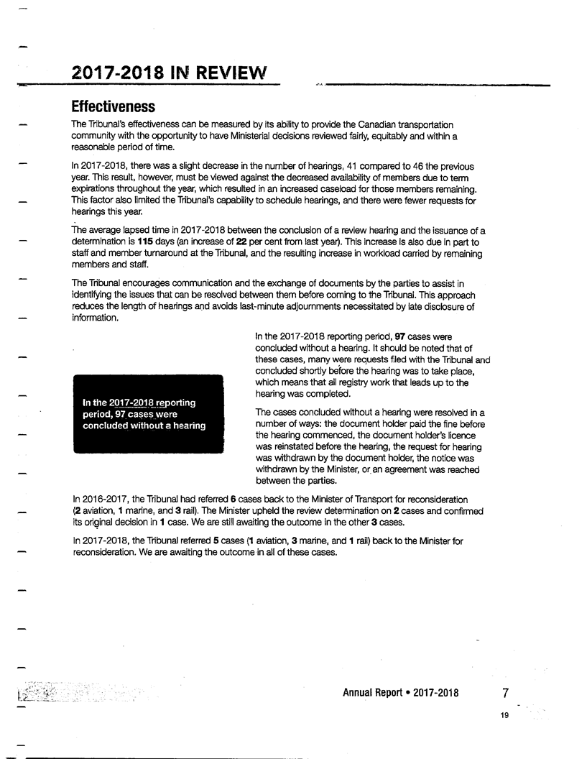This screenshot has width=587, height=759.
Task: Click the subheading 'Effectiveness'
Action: coord(113,107)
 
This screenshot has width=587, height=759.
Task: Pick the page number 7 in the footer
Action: coord(506,694)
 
